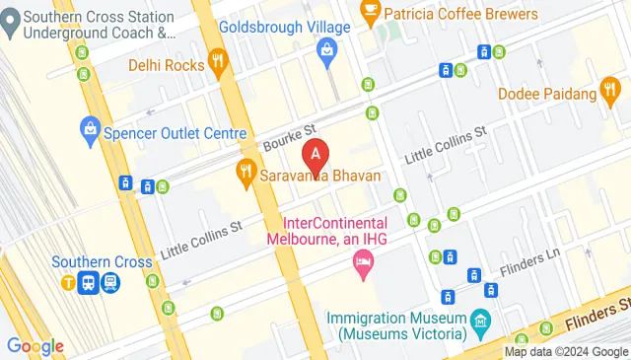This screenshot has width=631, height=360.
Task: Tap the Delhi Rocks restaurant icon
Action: click(x=219, y=66)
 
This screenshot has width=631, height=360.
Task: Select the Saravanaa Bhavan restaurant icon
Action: click(x=245, y=177)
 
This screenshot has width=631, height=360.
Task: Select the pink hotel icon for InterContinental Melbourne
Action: click(x=363, y=263)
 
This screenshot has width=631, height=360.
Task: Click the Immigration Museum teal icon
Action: click(x=480, y=322)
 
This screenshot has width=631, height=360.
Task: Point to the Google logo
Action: click(x=35, y=346)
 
